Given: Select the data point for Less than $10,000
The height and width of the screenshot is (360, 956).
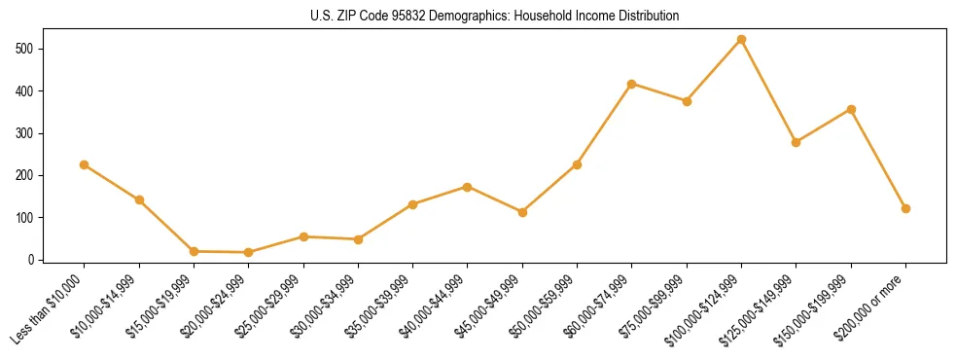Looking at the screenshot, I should (x=85, y=164).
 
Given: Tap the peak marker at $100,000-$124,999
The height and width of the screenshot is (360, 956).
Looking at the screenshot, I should (x=741, y=40).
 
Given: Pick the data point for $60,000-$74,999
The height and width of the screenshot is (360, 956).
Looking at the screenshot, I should (x=632, y=84).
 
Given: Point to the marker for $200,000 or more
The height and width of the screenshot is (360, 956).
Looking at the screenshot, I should (x=905, y=208).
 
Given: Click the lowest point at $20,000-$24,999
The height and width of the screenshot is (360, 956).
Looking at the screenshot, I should (x=249, y=252).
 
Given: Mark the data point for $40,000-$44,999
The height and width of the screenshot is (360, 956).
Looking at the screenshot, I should (x=468, y=187).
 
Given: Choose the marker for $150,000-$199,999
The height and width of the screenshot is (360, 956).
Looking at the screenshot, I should (x=851, y=109).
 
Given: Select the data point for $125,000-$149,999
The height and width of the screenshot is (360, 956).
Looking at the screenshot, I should (x=796, y=142).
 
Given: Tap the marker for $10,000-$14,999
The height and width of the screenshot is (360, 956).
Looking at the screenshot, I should (x=139, y=199).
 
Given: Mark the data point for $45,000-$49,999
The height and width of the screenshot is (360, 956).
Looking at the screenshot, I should (x=522, y=212).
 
